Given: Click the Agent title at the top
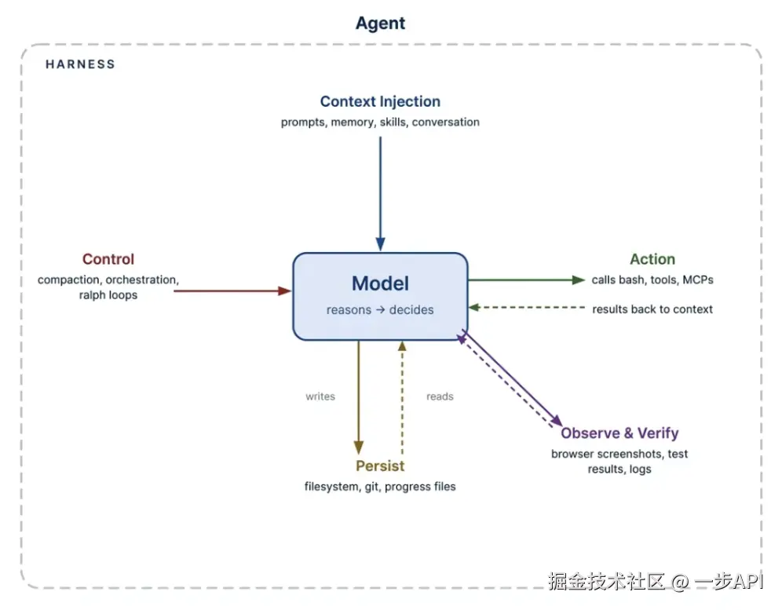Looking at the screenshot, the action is [380, 24].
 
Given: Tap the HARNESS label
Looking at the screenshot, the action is [80, 64].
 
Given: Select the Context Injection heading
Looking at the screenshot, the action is [380, 101].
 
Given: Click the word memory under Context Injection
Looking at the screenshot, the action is [352, 122].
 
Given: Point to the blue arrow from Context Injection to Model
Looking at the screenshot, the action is [381, 194].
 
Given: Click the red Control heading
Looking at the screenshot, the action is [108, 259].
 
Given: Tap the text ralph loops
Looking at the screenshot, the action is [108, 294].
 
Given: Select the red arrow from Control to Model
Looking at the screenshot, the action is [232, 290].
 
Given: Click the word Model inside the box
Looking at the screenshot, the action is [380, 283].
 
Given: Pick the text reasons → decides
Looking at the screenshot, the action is [380, 310].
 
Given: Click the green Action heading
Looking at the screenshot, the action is [652, 259].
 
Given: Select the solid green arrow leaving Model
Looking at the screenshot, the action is [526, 279].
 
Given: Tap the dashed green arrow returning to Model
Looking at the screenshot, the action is [526, 308].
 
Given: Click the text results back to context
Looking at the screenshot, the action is [652, 309].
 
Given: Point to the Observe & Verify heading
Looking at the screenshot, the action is [619, 433].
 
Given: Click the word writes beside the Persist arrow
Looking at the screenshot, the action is [320, 396].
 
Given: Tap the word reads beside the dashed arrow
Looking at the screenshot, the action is [440, 396].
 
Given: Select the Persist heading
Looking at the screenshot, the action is [380, 466].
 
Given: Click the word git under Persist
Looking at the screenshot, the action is [372, 487].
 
